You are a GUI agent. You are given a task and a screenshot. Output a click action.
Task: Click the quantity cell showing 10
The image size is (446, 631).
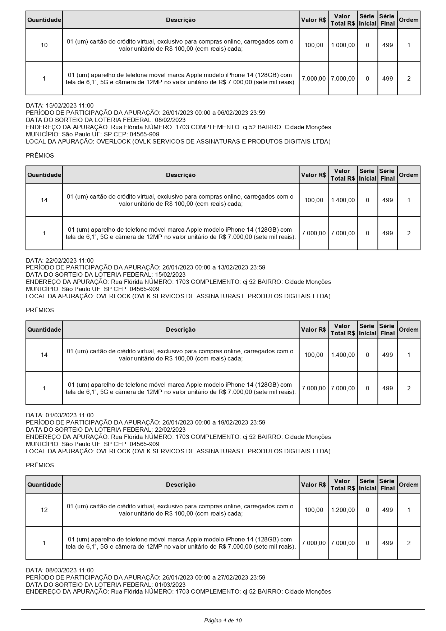[x=44, y=45]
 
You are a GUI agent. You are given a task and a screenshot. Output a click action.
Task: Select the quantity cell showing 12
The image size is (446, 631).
[x=44, y=510]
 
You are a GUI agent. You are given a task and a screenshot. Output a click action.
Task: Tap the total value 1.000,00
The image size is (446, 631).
[x=342, y=45]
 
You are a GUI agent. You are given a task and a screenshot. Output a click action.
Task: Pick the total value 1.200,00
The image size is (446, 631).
[x=342, y=510]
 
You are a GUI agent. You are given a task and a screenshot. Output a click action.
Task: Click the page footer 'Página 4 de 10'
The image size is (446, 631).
[x=223, y=620]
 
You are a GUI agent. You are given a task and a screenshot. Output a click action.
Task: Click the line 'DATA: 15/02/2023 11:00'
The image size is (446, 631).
[x=60, y=105]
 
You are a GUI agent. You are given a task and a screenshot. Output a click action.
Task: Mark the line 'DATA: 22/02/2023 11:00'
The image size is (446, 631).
[x=60, y=260]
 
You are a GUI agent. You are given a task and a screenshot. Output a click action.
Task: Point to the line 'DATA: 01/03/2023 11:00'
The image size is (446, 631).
[x=60, y=415]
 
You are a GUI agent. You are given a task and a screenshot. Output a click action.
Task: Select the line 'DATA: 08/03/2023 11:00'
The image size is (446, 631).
[x=60, y=570]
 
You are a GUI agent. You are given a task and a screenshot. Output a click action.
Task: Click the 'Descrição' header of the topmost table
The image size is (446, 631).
[x=181, y=20]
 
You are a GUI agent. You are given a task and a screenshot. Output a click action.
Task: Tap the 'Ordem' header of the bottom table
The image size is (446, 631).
[x=409, y=485]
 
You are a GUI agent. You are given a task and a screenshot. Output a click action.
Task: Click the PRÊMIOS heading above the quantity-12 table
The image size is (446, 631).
[x=40, y=465]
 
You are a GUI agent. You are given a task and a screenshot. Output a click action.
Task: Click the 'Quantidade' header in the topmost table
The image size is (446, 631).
[x=44, y=20]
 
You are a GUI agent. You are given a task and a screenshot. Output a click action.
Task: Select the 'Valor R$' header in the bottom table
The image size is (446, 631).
[x=313, y=485]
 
